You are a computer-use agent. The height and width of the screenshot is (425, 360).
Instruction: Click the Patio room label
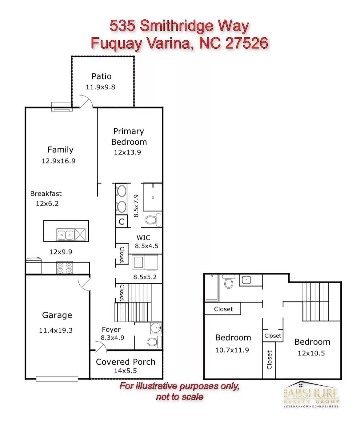click(x=102, y=77)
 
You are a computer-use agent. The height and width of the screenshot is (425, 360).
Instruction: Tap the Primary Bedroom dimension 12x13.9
click(x=127, y=152)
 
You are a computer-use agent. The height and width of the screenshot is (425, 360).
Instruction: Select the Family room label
click(x=60, y=150)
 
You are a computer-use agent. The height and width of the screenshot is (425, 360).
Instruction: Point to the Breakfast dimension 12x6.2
click(x=47, y=203)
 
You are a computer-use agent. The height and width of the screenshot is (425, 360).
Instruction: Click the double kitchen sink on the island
click(x=66, y=235)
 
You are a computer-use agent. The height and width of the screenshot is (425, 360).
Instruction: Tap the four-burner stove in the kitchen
click(x=65, y=267)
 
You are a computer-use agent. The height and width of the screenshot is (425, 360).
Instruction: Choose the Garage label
click(x=57, y=315)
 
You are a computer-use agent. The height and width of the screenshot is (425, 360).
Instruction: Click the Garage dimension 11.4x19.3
click(x=56, y=331)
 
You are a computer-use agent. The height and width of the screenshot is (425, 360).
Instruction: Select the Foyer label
click(x=111, y=330)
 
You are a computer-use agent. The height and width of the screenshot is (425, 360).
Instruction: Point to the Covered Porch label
click(x=126, y=362)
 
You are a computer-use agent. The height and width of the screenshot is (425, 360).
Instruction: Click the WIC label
click(x=143, y=238)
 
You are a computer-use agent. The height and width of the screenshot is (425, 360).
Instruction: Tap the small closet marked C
click(x=122, y=222)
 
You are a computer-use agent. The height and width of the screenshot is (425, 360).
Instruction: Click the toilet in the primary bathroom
click(x=153, y=220)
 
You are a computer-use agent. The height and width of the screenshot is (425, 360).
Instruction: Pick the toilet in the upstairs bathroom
click(x=229, y=281)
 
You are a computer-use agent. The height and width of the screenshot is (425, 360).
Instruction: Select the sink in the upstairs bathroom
click(x=246, y=280)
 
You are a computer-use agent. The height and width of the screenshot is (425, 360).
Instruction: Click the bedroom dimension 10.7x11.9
click(x=232, y=350)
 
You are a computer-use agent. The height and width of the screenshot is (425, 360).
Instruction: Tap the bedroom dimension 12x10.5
click(x=311, y=353)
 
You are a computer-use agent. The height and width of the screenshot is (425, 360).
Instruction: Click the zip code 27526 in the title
click(x=247, y=43)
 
